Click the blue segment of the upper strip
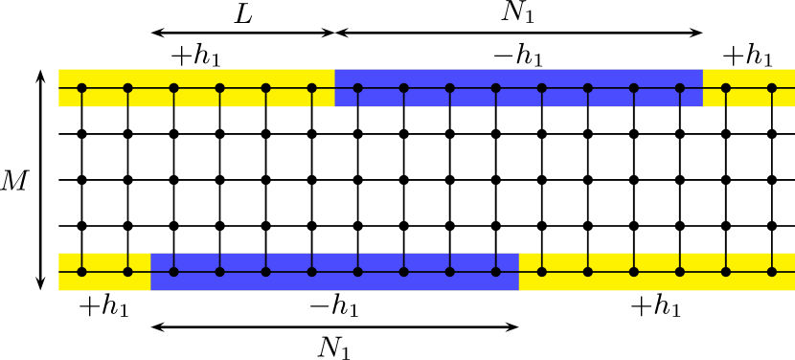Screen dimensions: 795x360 (x=518, y=88)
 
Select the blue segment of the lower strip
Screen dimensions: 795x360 (x=334, y=272)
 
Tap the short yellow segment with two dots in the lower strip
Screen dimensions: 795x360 (x=104, y=272)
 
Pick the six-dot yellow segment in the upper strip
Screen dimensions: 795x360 (x=196, y=88)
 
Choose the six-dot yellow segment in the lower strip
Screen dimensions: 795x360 (x=657, y=272)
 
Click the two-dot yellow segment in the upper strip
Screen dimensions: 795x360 (x=749, y=88)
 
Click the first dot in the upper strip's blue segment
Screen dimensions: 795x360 (x=357, y=88)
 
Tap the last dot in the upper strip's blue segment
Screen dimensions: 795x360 (x=680, y=88)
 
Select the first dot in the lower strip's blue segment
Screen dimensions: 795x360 (x=173, y=272)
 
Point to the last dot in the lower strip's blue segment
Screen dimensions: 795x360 (x=495, y=272)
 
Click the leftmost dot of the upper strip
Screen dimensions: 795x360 (x=81, y=88)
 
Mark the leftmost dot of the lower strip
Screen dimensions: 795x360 (x=81, y=272)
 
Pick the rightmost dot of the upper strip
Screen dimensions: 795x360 (x=772, y=88)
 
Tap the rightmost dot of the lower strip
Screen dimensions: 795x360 (x=772, y=272)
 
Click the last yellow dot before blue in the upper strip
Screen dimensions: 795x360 (x=311, y=88)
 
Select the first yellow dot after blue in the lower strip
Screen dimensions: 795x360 (x=541, y=272)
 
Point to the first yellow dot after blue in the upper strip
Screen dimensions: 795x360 (x=726, y=88)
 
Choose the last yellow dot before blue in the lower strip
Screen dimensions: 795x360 (x=127, y=272)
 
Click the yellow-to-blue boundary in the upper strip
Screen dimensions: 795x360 (x=334, y=88)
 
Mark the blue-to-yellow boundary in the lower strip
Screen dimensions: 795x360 (x=518, y=272)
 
